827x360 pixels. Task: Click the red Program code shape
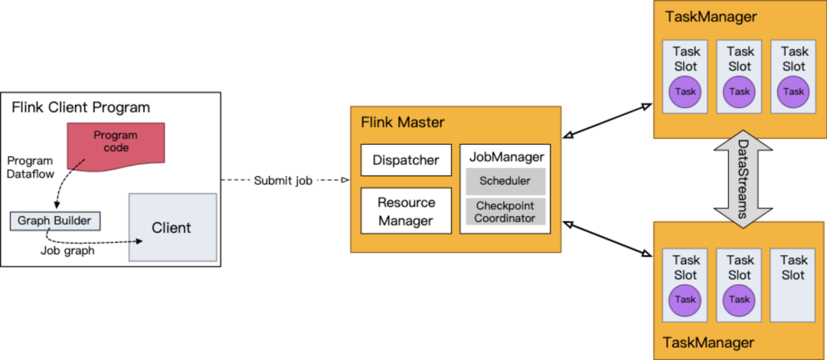(x=116, y=142)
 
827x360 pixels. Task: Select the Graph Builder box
(x=54, y=221)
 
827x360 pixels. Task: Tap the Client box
(x=172, y=227)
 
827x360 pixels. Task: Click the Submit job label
(x=283, y=181)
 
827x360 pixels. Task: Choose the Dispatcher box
(x=406, y=160)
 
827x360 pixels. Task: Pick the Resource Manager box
(x=406, y=211)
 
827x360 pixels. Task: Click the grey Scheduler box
(x=505, y=182)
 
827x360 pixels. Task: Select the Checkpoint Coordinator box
(x=505, y=212)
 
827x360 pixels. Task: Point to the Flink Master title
(x=402, y=123)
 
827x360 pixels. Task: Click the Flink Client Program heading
(x=80, y=107)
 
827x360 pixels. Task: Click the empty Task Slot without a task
(x=794, y=283)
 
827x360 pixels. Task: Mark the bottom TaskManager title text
(x=709, y=342)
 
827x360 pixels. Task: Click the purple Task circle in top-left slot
(x=685, y=92)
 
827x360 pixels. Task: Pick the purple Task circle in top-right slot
(x=794, y=92)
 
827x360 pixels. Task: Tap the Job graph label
(x=67, y=250)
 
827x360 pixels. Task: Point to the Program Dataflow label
(x=30, y=168)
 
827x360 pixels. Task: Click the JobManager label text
(x=506, y=157)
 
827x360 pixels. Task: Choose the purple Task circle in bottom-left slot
(x=685, y=299)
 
